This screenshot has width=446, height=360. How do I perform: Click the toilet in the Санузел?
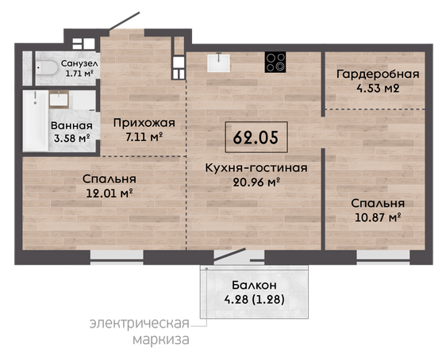click(46, 68)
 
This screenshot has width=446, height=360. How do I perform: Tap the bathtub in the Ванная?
click(36, 121)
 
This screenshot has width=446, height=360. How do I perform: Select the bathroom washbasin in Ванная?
click(59, 99)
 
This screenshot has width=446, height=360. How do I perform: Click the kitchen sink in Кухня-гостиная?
click(218, 63)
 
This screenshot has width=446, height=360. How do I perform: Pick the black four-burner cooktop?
click(275, 62)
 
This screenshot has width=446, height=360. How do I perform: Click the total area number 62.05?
click(256, 138)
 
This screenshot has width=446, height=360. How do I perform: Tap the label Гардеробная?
click(378, 75)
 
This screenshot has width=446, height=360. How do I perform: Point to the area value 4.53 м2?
click(378, 88)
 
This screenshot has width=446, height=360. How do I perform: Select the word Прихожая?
click(144, 124)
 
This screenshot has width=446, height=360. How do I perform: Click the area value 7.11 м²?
click(144, 137)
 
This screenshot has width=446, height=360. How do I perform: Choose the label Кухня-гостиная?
click(256, 168)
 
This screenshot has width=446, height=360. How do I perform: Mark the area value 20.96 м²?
click(256, 182)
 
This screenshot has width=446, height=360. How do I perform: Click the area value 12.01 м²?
click(110, 193)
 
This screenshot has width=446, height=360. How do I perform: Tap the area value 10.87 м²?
click(378, 217)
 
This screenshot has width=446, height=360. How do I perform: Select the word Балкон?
click(254, 285)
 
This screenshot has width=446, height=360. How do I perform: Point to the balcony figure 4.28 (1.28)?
click(254, 300)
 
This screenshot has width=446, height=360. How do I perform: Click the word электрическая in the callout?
click(140, 324)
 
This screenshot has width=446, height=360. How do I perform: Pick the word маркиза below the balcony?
click(161, 339)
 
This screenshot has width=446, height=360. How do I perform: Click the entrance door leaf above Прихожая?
click(125, 21)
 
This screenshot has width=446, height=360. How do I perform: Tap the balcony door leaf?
click(230, 255)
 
